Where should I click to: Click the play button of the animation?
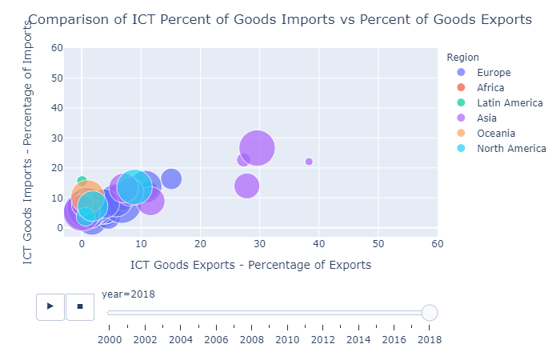[x=50, y=306]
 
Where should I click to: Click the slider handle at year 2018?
[x=430, y=313]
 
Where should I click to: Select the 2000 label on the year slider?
[x=110, y=340]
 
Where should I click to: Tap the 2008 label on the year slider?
[x=252, y=340]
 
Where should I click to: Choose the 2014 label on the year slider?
[x=358, y=340]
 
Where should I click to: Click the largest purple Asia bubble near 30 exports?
[x=257, y=148]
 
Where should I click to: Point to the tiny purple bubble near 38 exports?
[x=309, y=162]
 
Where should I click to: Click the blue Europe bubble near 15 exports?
[x=171, y=179]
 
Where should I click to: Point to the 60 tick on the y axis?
[x=58, y=48]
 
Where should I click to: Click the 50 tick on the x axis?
[x=378, y=244]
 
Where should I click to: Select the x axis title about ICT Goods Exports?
[x=250, y=265]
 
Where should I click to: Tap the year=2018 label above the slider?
[x=128, y=294]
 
